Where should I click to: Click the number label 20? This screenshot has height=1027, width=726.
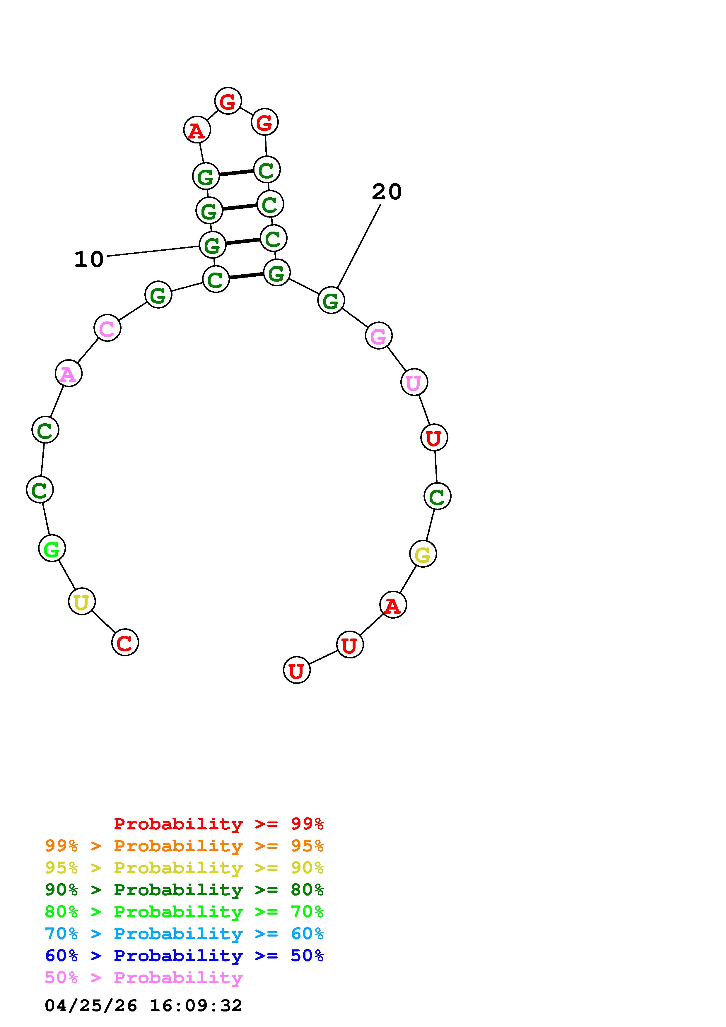[x=387, y=192]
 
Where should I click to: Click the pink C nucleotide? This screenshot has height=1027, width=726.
[x=107, y=328]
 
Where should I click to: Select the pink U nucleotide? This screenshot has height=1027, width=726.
[x=414, y=382]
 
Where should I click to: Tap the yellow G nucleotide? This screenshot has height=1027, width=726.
[x=423, y=554]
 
